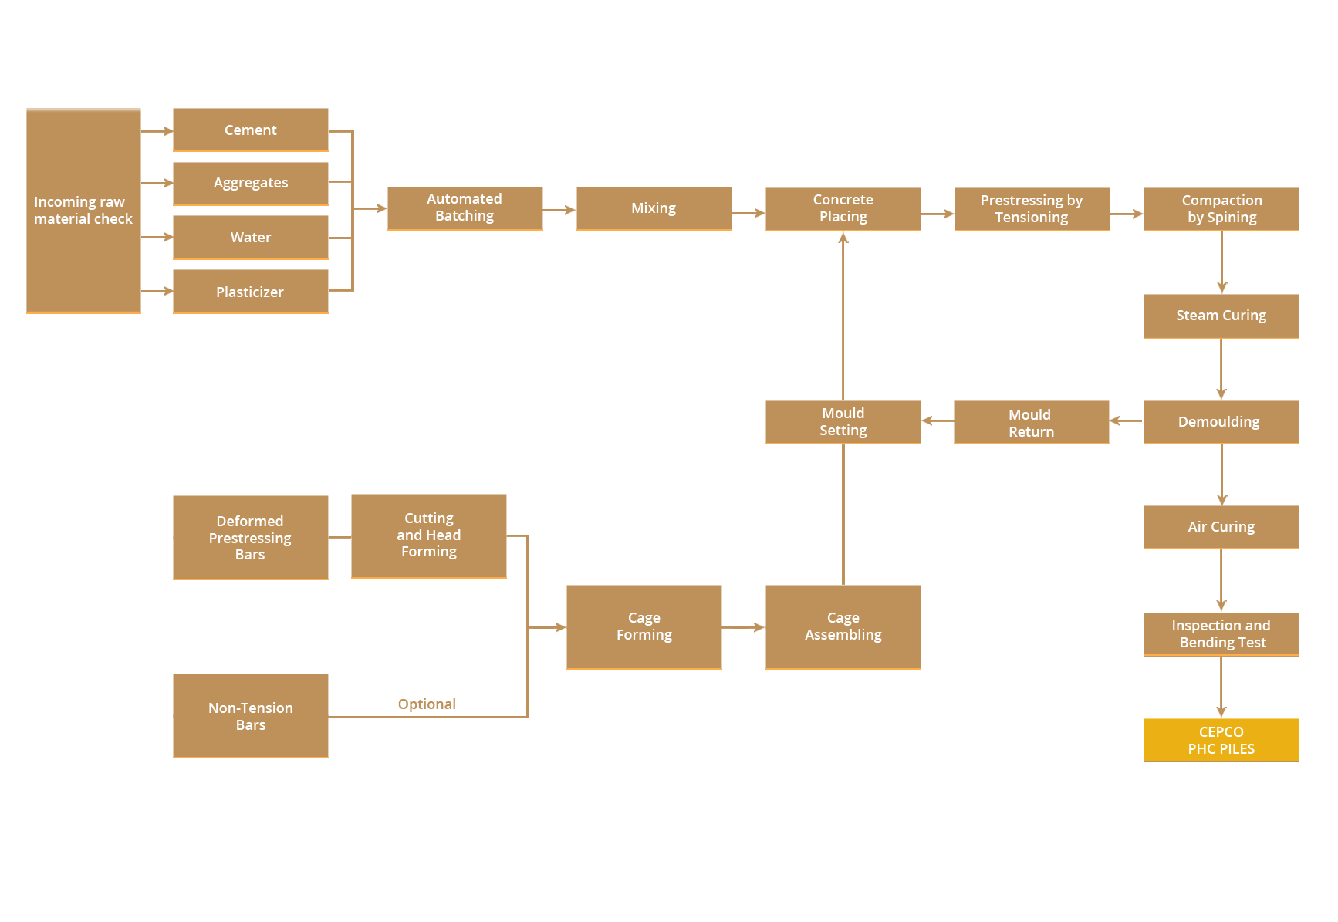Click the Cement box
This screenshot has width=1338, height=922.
[x=250, y=130]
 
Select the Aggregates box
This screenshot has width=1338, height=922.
[x=250, y=183]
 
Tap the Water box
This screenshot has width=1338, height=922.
[x=250, y=237]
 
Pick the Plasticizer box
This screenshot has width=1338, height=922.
[x=250, y=292]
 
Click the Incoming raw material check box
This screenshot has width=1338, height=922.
[x=83, y=211]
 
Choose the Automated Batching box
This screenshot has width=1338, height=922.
[x=465, y=208]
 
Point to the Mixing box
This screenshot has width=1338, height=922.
[x=654, y=208]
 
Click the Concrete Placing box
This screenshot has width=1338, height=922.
[x=843, y=208]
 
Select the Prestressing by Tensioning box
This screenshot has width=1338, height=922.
[x=1032, y=208]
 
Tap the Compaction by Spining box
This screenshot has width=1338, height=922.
[x=1221, y=208]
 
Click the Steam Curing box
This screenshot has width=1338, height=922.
[x=1221, y=316]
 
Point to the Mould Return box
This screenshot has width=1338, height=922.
[x=1031, y=422]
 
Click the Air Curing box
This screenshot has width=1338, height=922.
[x=1221, y=527]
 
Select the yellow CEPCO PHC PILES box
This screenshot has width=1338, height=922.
[x=1221, y=740]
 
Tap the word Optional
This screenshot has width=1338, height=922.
[x=427, y=704]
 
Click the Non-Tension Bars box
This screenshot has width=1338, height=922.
[x=250, y=715]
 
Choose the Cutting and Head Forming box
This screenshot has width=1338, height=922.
[x=428, y=535]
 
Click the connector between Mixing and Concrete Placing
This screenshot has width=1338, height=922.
[x=748, y=213]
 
